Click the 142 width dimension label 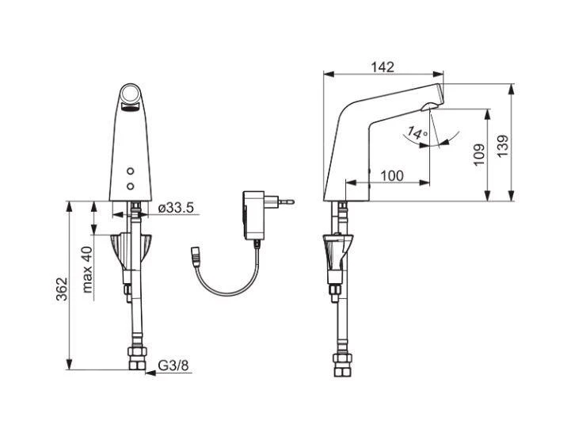point(383,67)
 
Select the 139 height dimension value point(503,146)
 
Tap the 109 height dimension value point(479,155)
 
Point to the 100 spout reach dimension point(392,176)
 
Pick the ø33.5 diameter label point(177,208)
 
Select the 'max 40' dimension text point(87,270)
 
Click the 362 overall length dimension point(63,289)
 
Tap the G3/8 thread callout point(173,366)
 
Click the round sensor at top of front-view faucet point(131,94)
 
